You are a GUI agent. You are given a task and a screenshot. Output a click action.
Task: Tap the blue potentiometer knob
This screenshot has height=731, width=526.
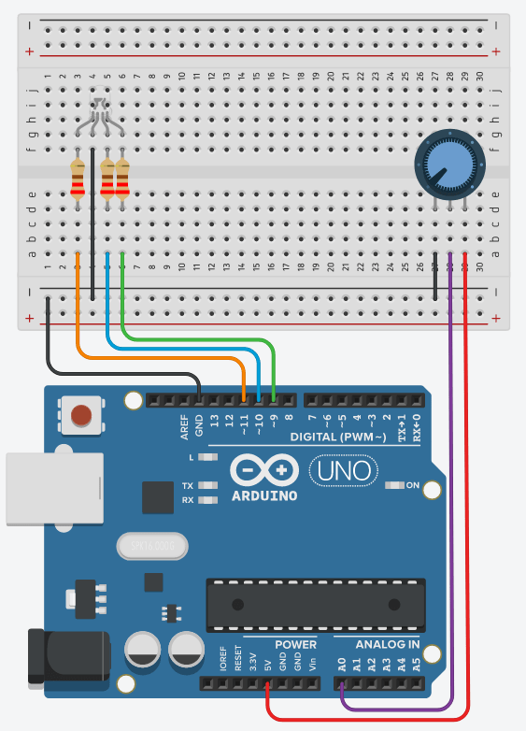444,160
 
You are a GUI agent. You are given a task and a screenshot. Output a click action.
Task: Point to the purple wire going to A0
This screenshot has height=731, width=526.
451,467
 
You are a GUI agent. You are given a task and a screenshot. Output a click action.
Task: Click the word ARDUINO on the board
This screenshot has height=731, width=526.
263,494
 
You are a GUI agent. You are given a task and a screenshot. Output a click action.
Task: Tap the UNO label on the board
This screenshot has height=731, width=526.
343,469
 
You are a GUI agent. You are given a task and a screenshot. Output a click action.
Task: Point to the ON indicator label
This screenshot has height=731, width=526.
412,485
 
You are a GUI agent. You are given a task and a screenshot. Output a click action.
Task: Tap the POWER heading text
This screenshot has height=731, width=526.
295,645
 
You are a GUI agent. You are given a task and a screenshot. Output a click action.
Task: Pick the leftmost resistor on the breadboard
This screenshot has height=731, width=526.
78,179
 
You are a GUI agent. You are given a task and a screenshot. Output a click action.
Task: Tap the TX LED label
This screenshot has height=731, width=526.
188,486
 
